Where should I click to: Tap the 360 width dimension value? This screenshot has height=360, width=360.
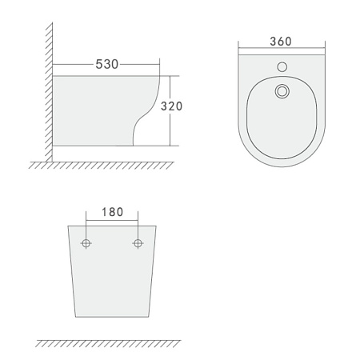point(279,40)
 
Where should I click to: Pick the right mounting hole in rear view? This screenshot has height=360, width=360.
point(138,242)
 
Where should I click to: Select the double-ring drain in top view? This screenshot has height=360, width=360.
point(280,92)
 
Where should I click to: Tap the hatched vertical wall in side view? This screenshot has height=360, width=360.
point(49,88)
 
